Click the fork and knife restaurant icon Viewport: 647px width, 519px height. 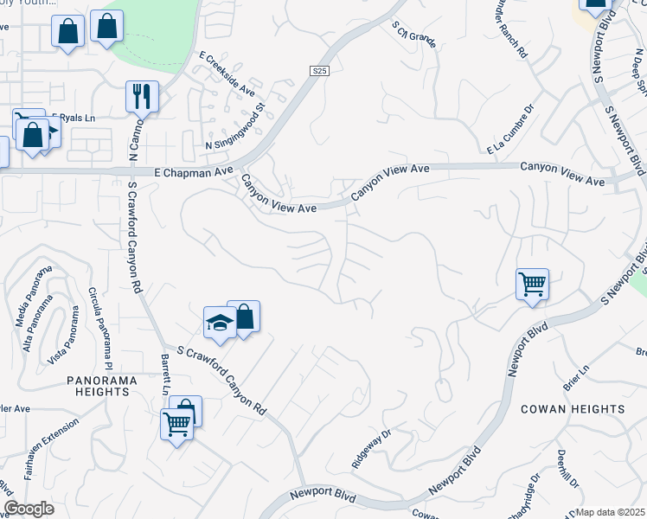(x=141, y=95)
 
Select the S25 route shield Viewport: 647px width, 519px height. (x=320, y=70)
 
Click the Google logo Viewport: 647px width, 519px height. (x=29, y=509)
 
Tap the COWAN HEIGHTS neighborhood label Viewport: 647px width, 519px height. (x=573, y=409)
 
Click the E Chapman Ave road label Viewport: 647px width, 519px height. (x=195, y=172)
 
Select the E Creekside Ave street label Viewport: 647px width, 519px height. (x=227, y=76)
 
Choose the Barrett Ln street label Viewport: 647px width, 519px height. (x=164, y=374)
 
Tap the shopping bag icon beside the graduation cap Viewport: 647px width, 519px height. (x=244, y=317)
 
